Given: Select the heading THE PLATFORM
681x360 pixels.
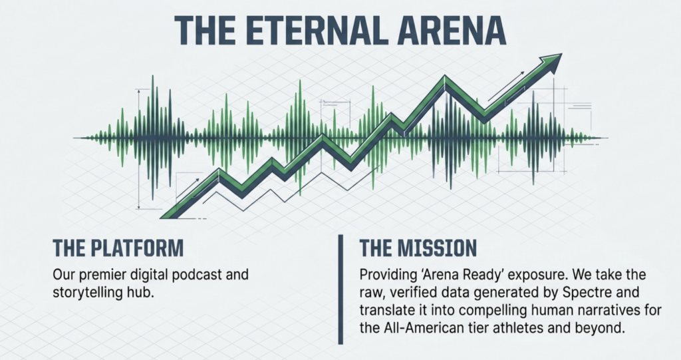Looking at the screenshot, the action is click(118, 248).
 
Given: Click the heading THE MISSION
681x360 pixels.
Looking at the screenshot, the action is click(418, 248).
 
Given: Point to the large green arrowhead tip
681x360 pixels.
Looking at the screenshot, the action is click(561, 55).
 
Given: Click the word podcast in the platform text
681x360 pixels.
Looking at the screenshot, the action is click(198, 275).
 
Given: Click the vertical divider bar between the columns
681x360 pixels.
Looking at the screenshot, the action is click(340, 289).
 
